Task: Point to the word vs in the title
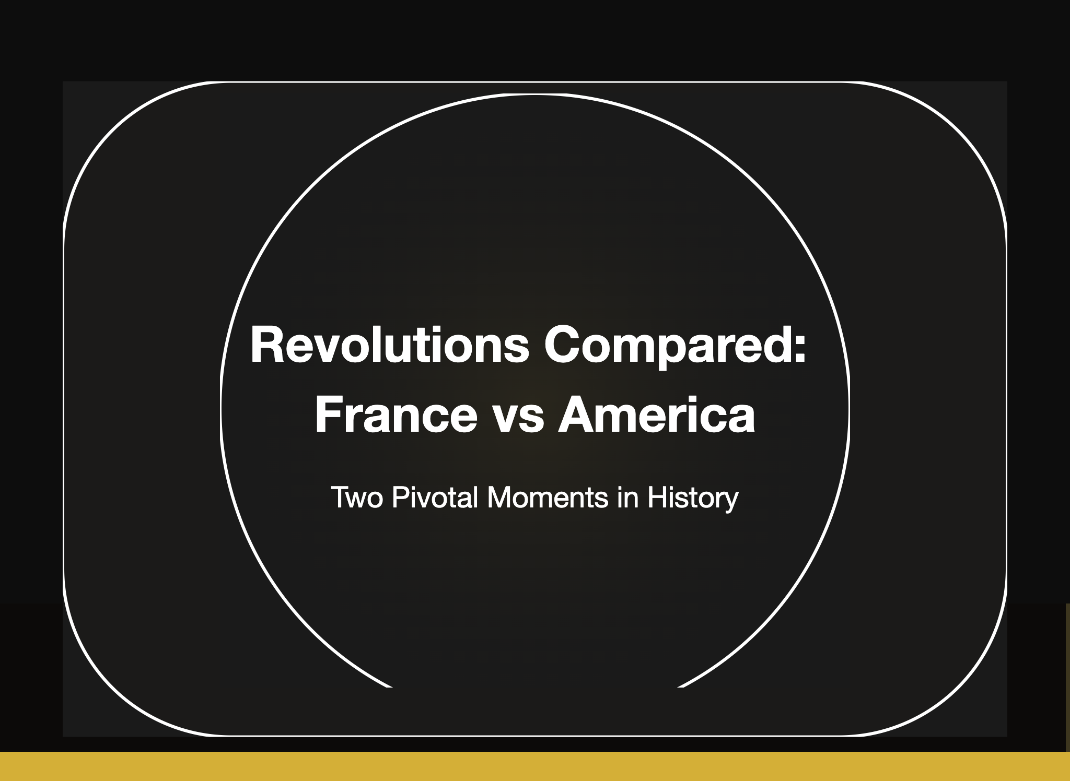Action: (517, 420)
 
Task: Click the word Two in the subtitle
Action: (358, 497)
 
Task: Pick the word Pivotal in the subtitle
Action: (435, 497)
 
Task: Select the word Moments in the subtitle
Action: (548, 497)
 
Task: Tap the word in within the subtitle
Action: (628, 497)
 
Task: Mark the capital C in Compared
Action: (563, 345)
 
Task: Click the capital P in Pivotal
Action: (400, 497)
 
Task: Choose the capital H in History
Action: (656, 497)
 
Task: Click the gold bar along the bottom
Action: (535, 766)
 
